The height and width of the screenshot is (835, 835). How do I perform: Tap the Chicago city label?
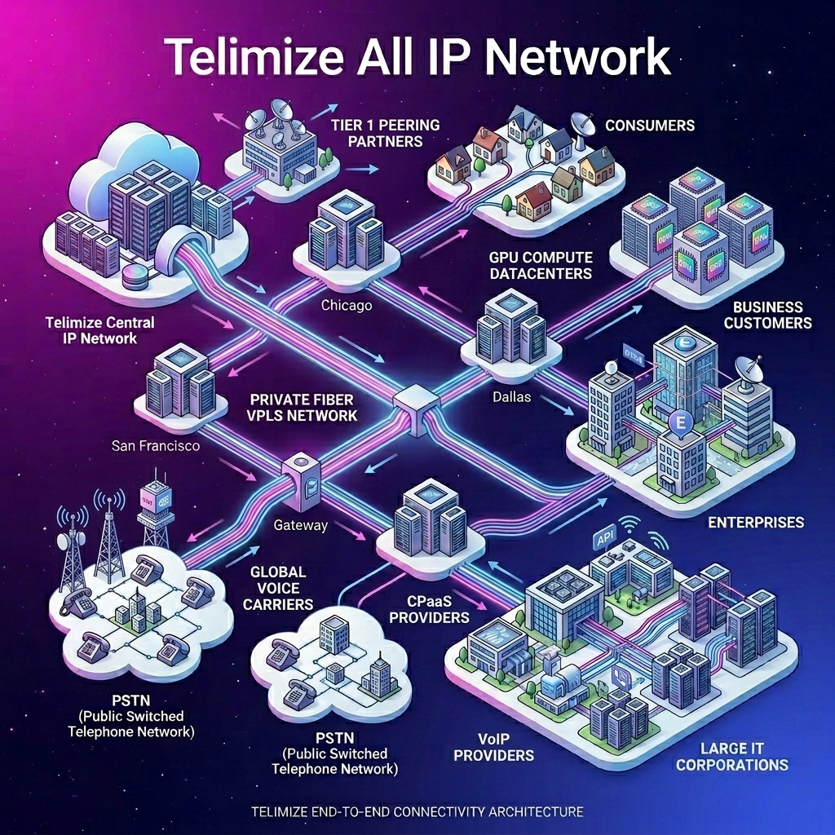click(x=347, y=307)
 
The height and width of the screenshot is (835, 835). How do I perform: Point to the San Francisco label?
click(x=156, y=446)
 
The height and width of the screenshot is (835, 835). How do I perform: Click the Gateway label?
click(x=300, y=525)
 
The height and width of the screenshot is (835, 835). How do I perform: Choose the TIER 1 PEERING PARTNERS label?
click(x=386, y=133)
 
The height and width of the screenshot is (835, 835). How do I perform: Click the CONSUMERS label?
click(x=649, y=126)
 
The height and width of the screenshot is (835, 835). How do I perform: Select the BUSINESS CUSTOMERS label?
click(x=767, y=315)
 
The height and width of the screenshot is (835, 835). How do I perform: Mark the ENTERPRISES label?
click(x=755, y=522)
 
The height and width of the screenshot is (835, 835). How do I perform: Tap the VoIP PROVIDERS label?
click(x=493, y=747)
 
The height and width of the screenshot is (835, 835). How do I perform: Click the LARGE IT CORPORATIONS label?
click(x=731, y=756)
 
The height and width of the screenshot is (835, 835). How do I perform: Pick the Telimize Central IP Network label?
click(x=100, y=330)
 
